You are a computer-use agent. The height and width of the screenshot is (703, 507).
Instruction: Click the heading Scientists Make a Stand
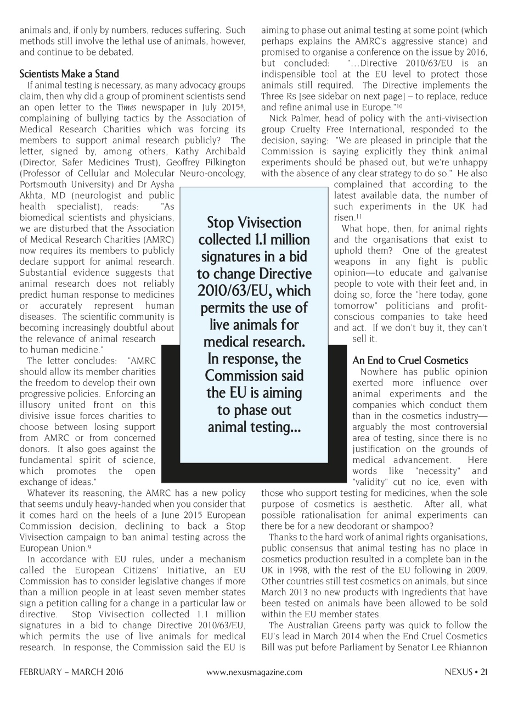click(x=69, y=74)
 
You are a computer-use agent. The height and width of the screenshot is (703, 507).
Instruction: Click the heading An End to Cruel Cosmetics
click(x=410, y=360)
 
